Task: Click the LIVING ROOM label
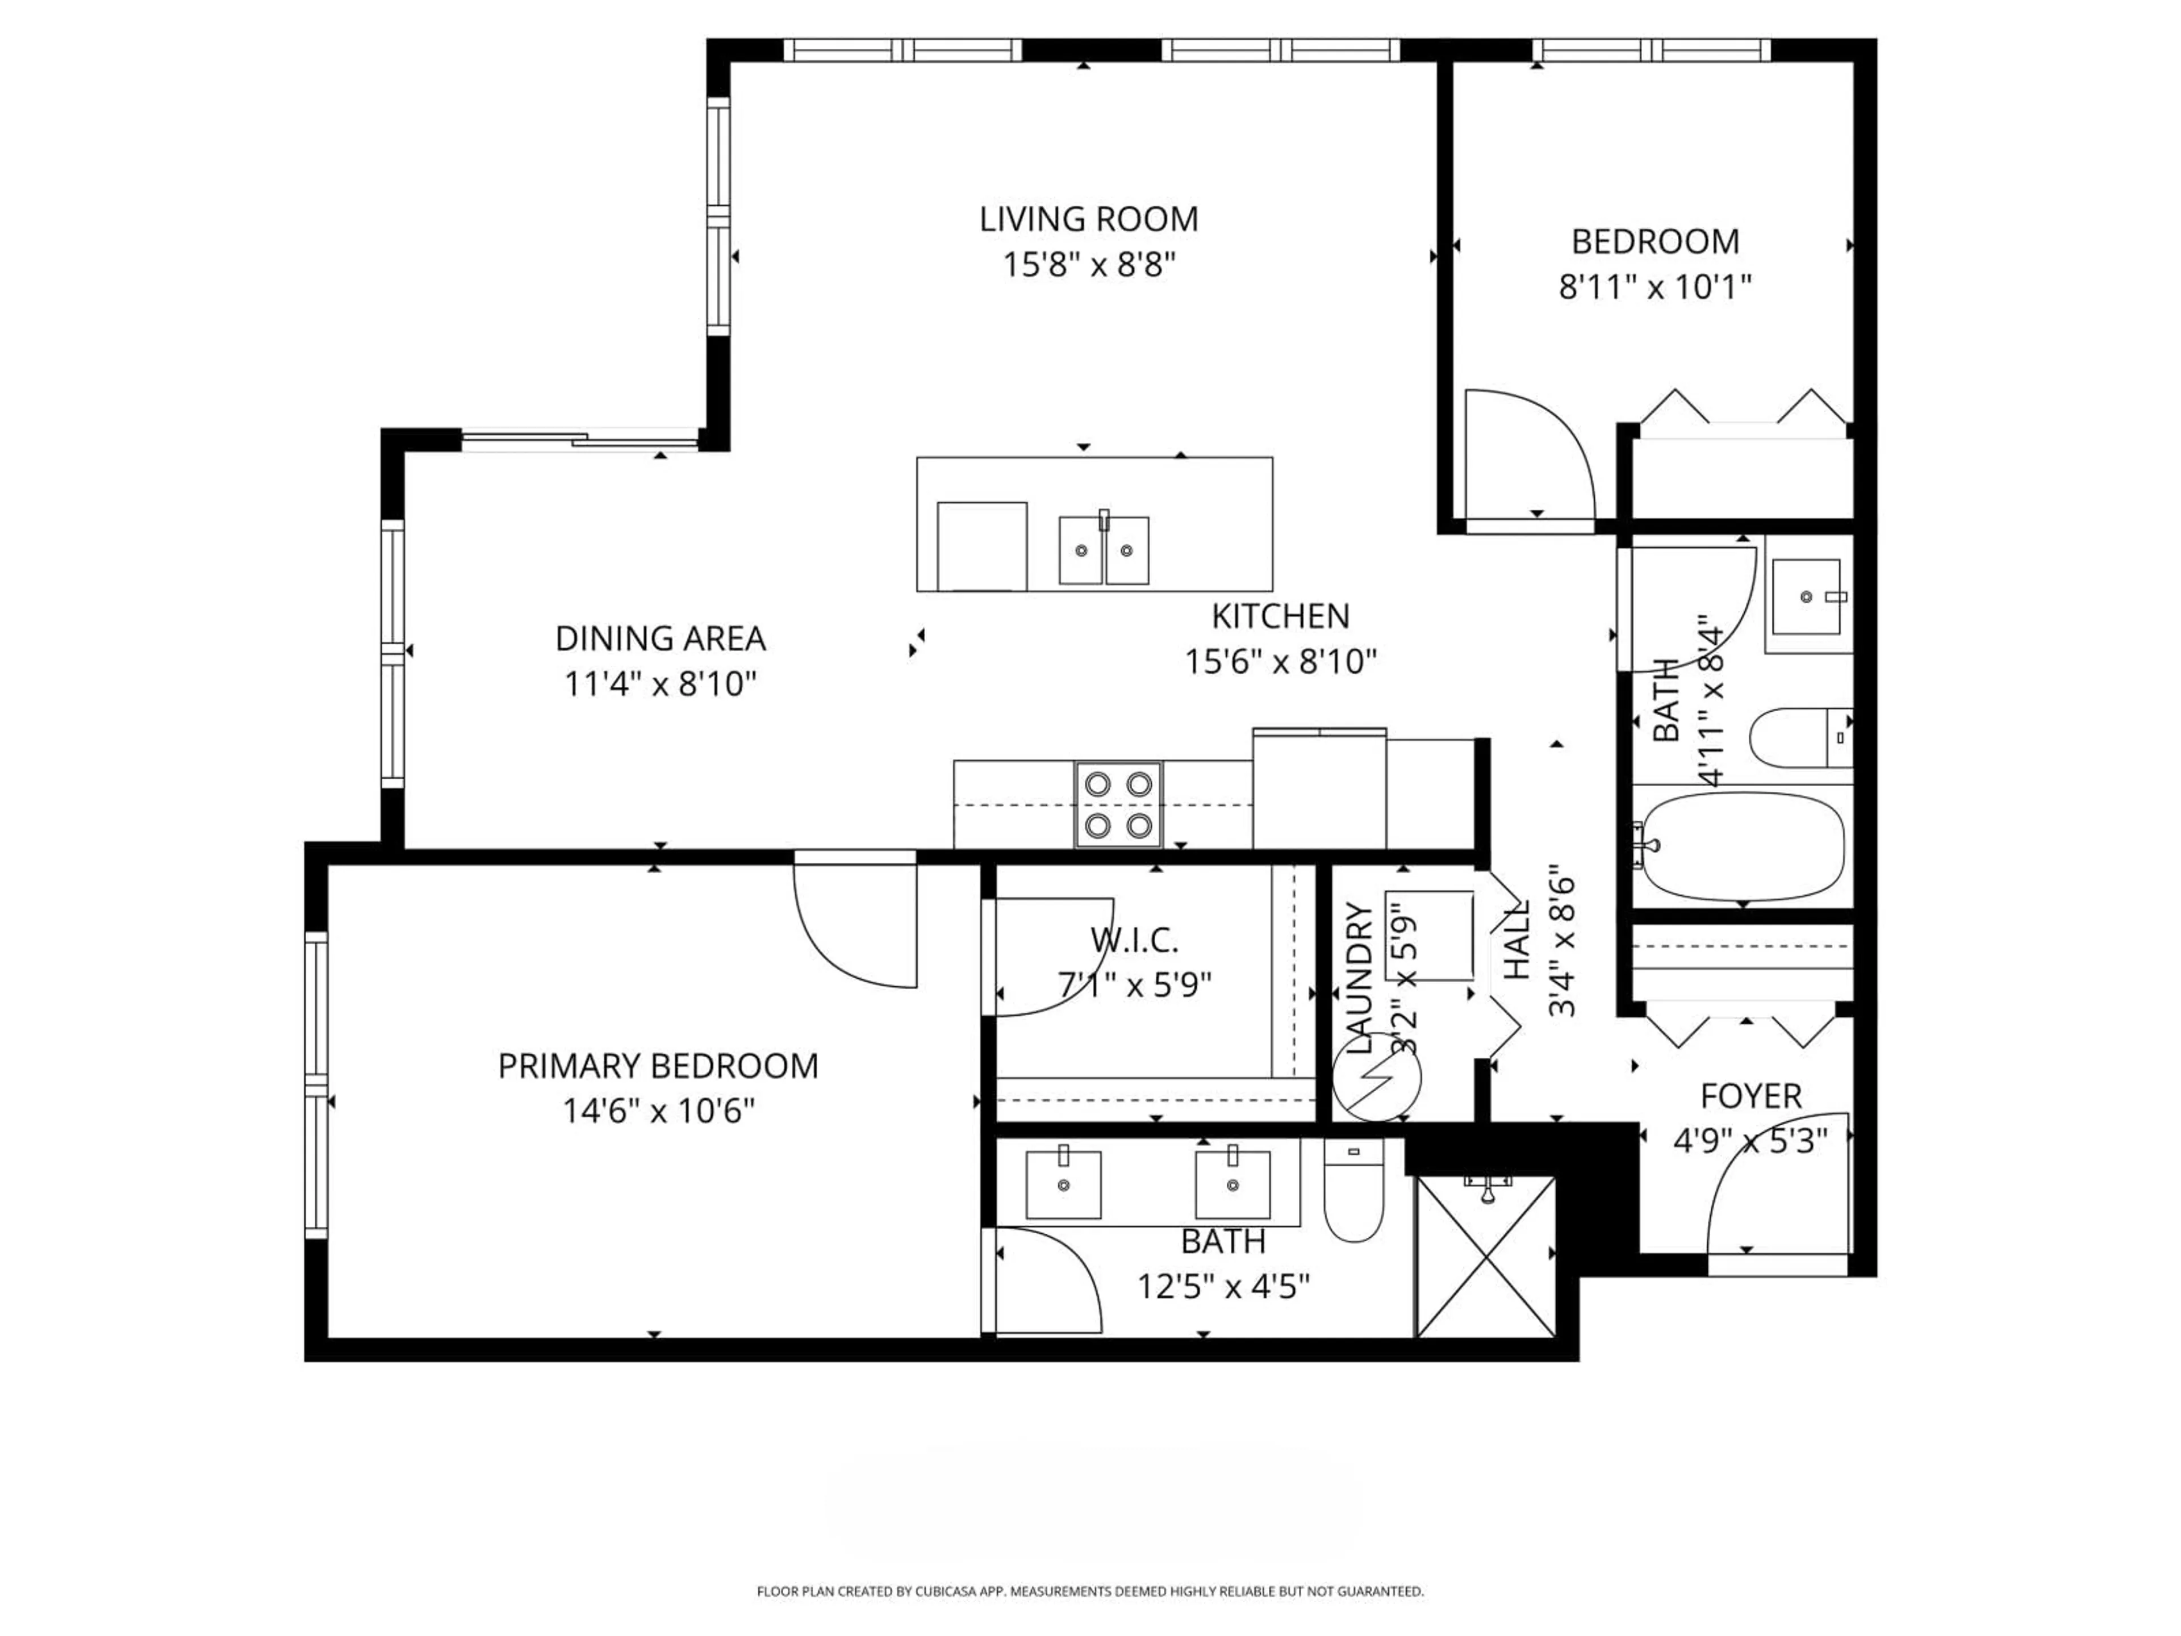coord(1089,219)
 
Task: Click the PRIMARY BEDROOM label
coord(658,1066)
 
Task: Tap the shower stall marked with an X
coord(1485,1257)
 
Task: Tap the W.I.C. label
coord(1134,941)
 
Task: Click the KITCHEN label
coord(1280,616)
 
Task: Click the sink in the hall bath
coord(1806,596)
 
